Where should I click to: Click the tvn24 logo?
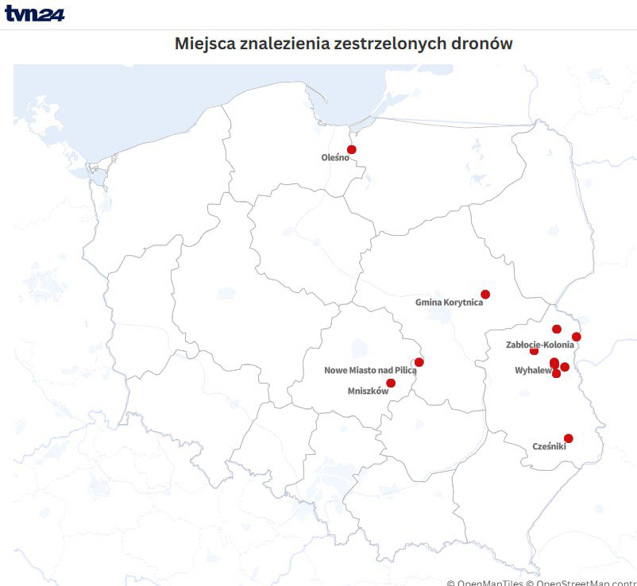(x=34, y=13)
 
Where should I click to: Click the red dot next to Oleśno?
(x=352, y=149)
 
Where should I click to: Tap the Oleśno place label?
(x=334, y=157)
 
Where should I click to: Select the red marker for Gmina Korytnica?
(x=485, y=295)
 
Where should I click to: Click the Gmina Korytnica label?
(x=449, y=303)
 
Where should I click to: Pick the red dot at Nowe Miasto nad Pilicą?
(x=419, y=362)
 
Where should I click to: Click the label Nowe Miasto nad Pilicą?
(x=370, y=371)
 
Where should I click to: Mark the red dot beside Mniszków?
(x=391, y=384)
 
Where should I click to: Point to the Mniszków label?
(x=368, y=391)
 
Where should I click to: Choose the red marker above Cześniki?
(x=569, y=438)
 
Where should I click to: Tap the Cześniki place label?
(x=549, y=447)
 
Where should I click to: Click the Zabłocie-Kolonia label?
(x=539, y=345)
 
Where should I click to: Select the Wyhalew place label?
(x=533, y=371)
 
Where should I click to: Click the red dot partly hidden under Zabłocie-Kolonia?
(x=534, y=351)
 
